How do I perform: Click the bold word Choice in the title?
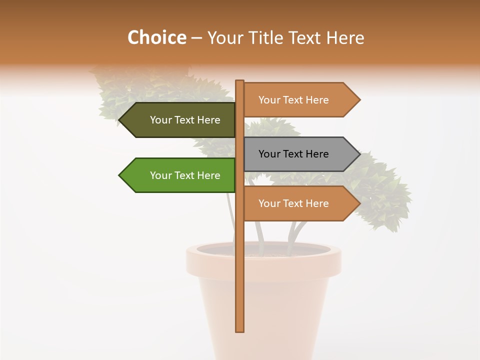156,37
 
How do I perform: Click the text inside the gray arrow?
293,154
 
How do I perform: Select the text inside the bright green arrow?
185,175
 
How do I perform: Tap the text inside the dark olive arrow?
185,120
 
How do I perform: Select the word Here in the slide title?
345,37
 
